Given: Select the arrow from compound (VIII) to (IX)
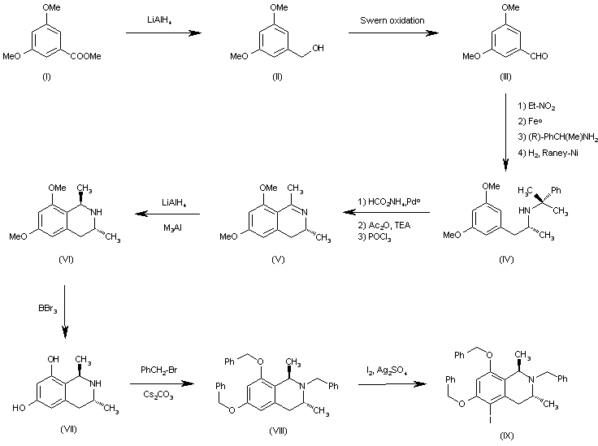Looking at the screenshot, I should pos(384,384).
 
